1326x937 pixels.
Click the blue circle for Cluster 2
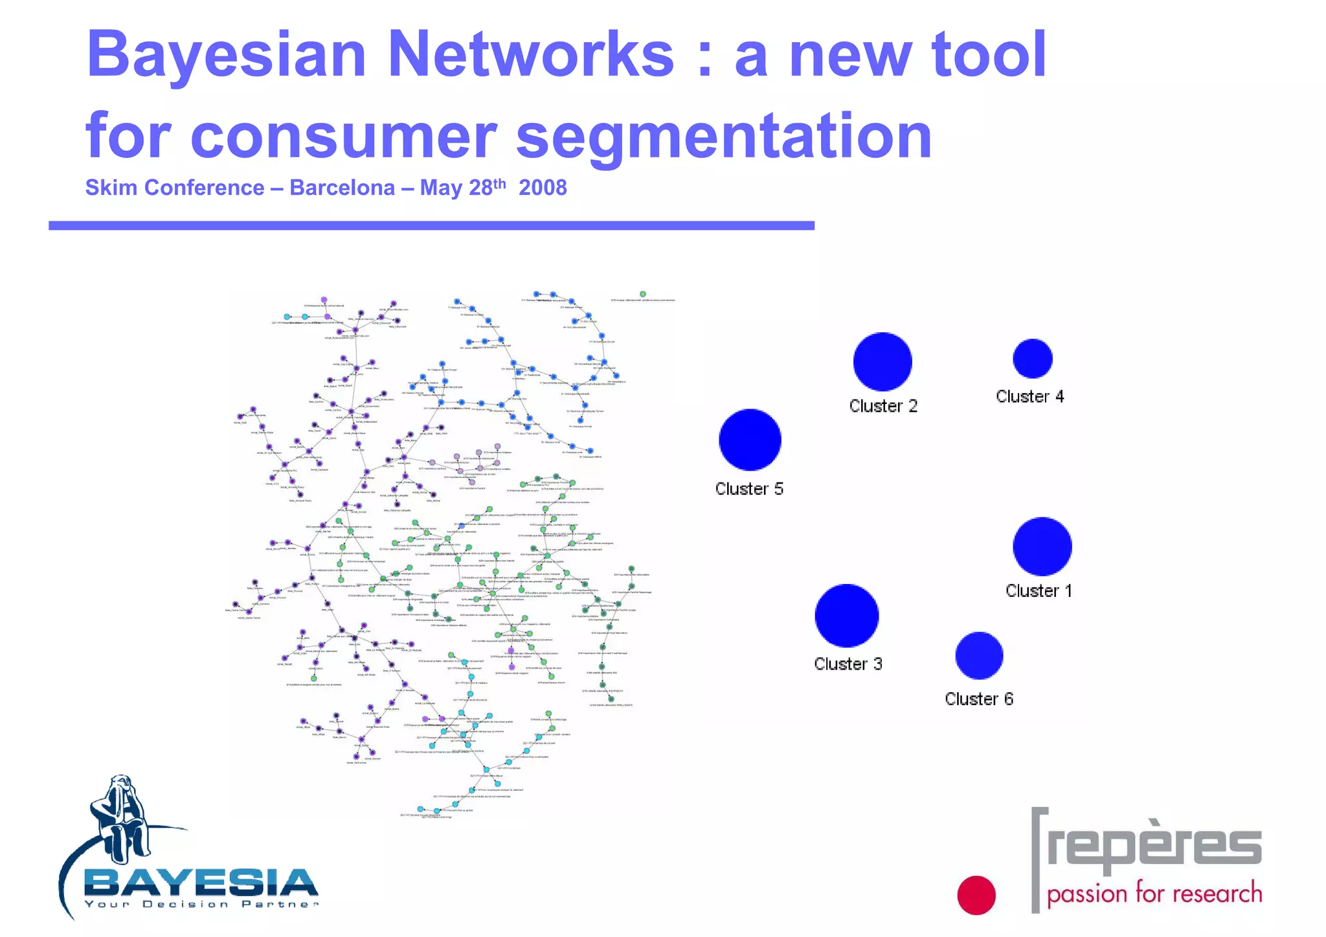(x=882, y=361)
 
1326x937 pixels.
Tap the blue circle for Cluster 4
(x=1032, y=358)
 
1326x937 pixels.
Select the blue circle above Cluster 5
(x=750, y=439)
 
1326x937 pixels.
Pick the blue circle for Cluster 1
(x=1042, y=546)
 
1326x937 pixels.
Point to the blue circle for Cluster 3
(x=846, y=615)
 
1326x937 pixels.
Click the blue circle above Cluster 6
(x=979, y=655)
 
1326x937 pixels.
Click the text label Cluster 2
(x=883, y=406)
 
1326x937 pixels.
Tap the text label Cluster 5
(x=749, y=489)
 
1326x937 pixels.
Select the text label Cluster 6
(x=978, y=699)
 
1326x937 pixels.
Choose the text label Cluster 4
(x=1029, y=396)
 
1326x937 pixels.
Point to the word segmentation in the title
(x=723, y=136)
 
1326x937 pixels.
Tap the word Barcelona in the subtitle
(x=342, y=188)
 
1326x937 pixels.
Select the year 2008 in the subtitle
(x=543, y=188)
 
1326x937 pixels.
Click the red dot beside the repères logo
(x=976, y=895)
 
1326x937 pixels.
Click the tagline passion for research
(x=1154, y=894)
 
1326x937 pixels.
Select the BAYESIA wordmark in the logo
(x=201, y=883)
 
